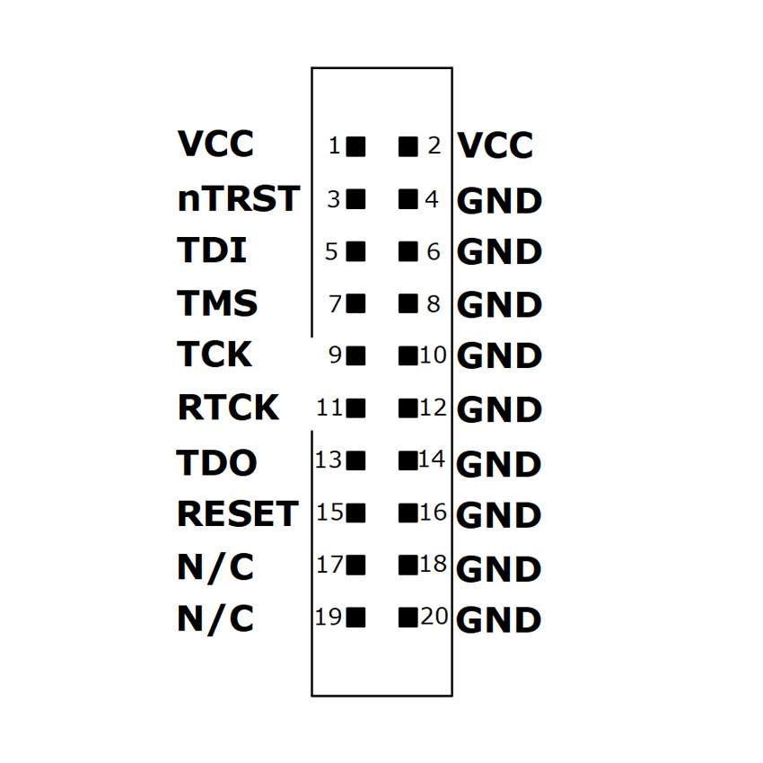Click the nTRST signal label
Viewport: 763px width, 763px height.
click(x=238, y=198)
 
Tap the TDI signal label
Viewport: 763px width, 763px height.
click(x=212, y=250)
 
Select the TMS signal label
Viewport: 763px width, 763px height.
click(x=218, y=303)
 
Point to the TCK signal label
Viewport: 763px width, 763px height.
click(x=215, y=355)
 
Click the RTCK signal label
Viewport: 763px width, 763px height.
click(x=228, y=408)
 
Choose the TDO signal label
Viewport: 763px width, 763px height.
click(x=217, y=463)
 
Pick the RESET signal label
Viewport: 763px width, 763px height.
click(x=237, y=514)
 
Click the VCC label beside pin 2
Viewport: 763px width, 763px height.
click(x=496, y=145)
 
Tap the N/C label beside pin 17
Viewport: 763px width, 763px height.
click(x=215, y=567)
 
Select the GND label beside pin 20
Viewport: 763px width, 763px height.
click(x=499, y=620)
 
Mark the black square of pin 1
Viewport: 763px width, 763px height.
click(x=356, y=145)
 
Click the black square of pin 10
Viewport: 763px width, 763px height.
click(x=408, y=355)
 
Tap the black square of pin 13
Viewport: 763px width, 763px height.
click(x=356, y=460)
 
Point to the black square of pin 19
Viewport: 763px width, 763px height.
click(x=356, y=618)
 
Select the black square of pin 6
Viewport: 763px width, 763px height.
click(x=408, y=251)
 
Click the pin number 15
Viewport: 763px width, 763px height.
click(x=330, y=513)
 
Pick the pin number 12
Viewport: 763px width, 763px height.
click(x=433, y=408)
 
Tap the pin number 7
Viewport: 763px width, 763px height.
click(x=336, y=304)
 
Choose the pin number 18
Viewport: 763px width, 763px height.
click(x=433, y=564)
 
